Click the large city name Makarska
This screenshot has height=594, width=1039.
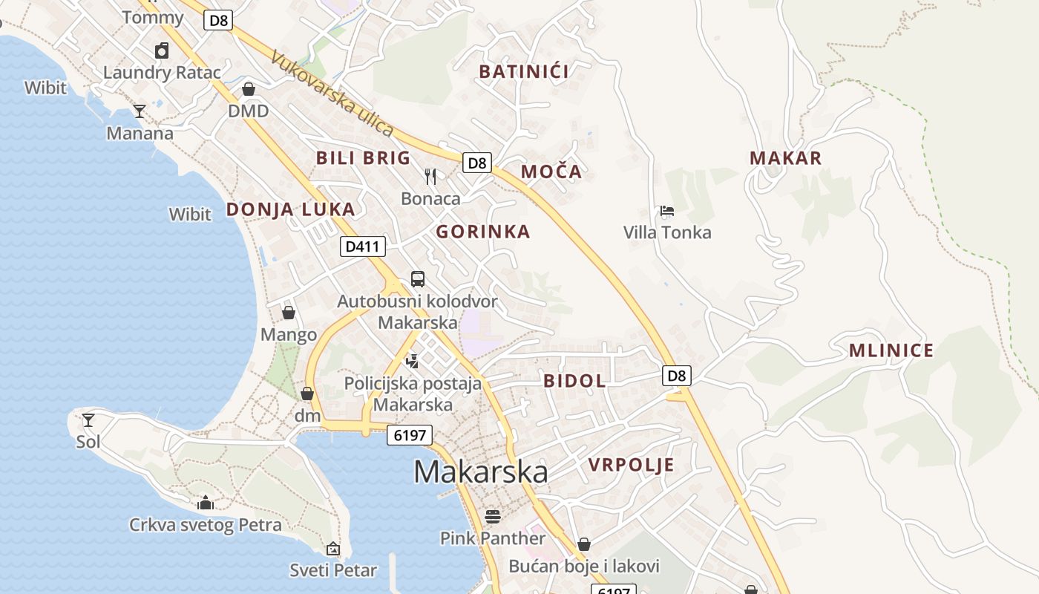click(481, 473)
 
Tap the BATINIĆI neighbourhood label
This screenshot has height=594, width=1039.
click(524, 72)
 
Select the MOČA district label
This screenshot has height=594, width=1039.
click(551, 172)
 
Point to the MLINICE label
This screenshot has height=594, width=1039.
click(891, 350)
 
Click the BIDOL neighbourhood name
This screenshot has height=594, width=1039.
click(574, 381)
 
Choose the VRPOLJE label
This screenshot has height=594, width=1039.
click(631, 465)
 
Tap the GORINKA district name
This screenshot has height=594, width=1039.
click(483, 232)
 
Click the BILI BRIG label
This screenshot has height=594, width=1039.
click(363, 157)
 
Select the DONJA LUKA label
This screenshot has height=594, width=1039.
click(290, 209)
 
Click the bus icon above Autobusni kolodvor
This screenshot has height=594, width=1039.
click(418, 279)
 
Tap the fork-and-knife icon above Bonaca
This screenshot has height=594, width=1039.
click(430, 176)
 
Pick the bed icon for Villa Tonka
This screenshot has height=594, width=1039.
click(667, 211)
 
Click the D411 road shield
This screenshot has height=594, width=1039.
click(363, 247)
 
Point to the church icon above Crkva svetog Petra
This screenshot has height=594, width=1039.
click(206, 503)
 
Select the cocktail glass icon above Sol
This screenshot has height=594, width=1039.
click(88, 420)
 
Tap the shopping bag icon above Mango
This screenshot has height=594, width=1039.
click(289, 313)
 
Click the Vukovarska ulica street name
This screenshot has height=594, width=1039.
click(332, 94)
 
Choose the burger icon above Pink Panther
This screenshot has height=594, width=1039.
click(493, 515)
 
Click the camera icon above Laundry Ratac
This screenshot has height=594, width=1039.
click(162, 50)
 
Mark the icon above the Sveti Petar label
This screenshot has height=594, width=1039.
click(333, 549)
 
